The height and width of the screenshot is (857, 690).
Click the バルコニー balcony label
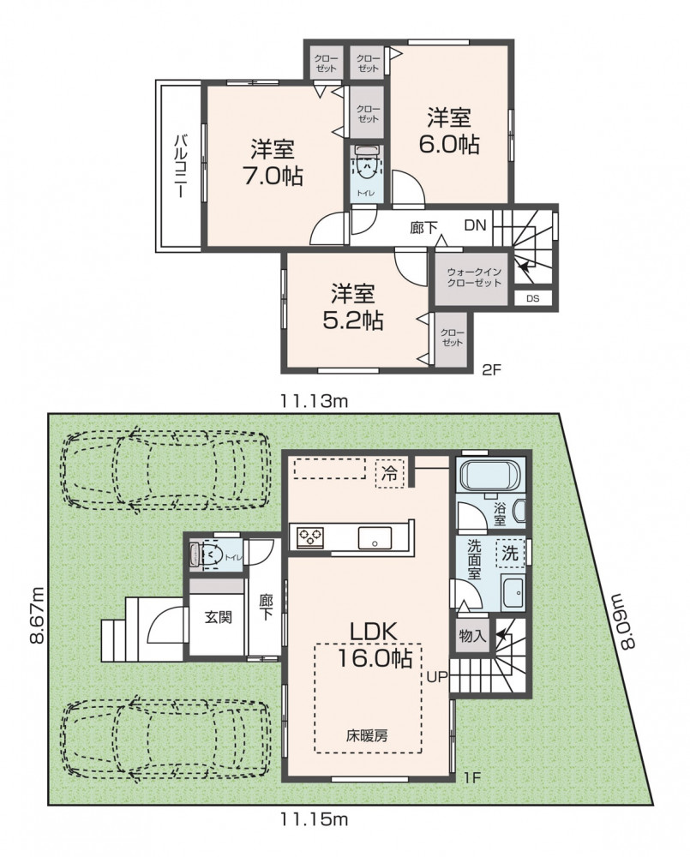pos(179,166)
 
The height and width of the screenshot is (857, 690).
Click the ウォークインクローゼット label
pos(473,277)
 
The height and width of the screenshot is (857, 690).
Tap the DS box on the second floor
pos(533,298)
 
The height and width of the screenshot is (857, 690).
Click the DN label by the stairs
pos(475,225)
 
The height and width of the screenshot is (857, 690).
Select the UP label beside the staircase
pos(437,677)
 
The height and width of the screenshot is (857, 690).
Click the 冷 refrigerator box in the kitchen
pos(389,473)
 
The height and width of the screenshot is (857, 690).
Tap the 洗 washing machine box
pos(510,554)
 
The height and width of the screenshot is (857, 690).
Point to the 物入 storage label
pos(471,636)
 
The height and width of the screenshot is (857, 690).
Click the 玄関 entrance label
pos(218,617)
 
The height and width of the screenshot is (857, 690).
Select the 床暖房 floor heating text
pos(366,735)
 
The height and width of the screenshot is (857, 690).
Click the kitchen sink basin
pos(375,539)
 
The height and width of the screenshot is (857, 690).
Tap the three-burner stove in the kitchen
pos(310,536)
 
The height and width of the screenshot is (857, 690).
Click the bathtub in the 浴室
pos(489,475)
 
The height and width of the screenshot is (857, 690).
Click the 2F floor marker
pos(491,370)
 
